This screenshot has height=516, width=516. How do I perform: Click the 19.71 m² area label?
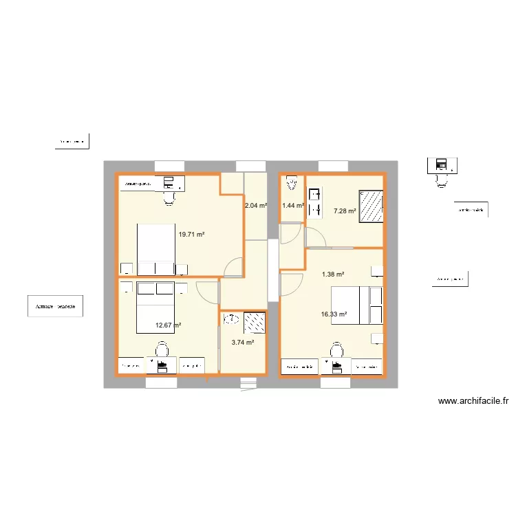click(191, 235)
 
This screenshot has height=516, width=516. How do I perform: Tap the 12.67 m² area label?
click(168, 325)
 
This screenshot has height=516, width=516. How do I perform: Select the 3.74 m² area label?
click(243, 342)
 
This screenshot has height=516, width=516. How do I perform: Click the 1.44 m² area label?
click(292, 205)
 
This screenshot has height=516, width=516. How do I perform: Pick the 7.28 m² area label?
click(344, 211)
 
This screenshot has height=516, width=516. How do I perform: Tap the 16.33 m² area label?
click(334, 314)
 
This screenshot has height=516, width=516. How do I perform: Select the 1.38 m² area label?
click(333, 274)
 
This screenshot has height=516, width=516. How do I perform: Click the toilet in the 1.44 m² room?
click(292, 184)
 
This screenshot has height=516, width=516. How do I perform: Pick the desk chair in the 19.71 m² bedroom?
click(168, 198)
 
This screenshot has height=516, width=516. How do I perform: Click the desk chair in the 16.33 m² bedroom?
click(336, 351)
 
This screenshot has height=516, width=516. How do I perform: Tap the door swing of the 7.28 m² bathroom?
click(315, 237)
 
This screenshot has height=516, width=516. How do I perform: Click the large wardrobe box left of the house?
click(55, 306)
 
